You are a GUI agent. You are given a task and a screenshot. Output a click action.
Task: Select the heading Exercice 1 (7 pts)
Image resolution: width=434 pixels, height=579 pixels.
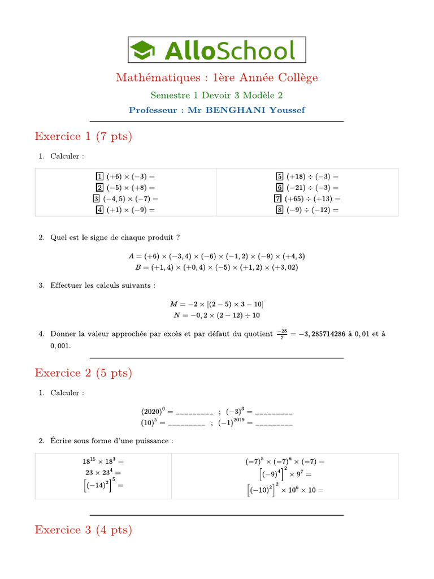(x=83, y=136)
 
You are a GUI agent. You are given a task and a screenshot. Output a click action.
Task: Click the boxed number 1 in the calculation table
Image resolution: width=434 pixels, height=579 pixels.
(x=100, y=176)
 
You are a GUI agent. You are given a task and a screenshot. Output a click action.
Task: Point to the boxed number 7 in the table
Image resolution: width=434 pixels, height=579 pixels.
(x=278, y=198)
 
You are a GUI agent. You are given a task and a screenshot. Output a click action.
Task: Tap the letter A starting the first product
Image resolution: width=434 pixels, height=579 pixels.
(x=131, y=256)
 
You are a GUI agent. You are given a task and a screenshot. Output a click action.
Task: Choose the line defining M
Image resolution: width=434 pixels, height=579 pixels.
(x=217, y=304)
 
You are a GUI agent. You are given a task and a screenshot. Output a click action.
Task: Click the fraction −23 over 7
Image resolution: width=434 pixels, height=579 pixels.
(x=282, y=334)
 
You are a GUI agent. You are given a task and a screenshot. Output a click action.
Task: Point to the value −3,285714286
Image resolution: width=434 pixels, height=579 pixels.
(x=322, y=334)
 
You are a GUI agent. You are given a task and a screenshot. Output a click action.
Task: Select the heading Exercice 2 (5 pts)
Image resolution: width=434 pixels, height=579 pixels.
(x=83, y=373)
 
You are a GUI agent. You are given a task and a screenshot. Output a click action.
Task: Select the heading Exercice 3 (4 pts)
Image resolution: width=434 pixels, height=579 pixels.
(x=83, y=530)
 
